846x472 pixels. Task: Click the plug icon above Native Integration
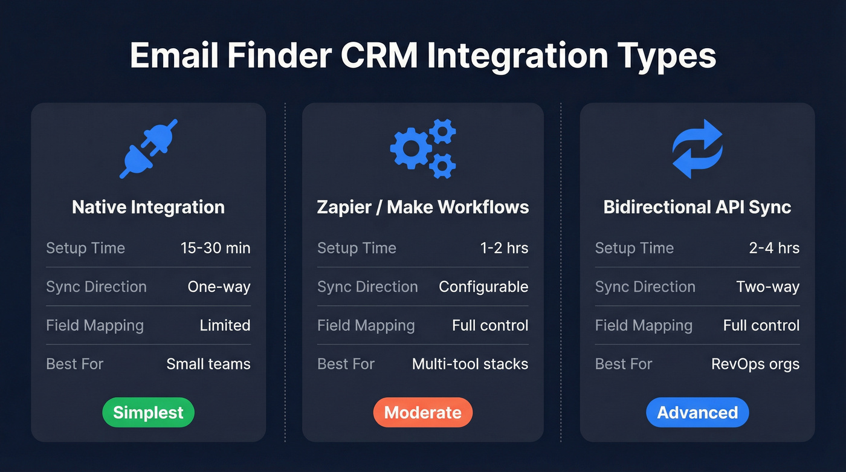(x=148, y=149)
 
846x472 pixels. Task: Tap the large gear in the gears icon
(x=410, y=148)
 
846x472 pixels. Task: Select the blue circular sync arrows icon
(x=697, y=149)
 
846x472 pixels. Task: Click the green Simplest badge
(x=148, y=413)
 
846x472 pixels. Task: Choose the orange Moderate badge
(x=422, y=413)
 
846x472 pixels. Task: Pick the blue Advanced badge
(x=697, y=413)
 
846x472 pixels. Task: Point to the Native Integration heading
(x=148, y=207)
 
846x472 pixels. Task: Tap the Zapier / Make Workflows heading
(x=422, y=207)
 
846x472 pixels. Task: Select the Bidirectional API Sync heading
(x=697, y=207)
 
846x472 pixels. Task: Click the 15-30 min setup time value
(x=215, y=248)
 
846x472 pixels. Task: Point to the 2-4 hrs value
(x=774, y=248)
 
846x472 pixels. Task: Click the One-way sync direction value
(x=219, y=286)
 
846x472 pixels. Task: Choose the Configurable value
(x=483, y=286)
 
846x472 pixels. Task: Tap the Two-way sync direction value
(x=767, y=286)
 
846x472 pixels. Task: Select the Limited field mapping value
(x=225, y=325)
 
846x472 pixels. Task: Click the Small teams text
(x=208, y=364)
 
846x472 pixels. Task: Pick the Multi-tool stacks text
(x=470, y=364)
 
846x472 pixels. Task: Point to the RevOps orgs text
(x=755, y=364)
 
